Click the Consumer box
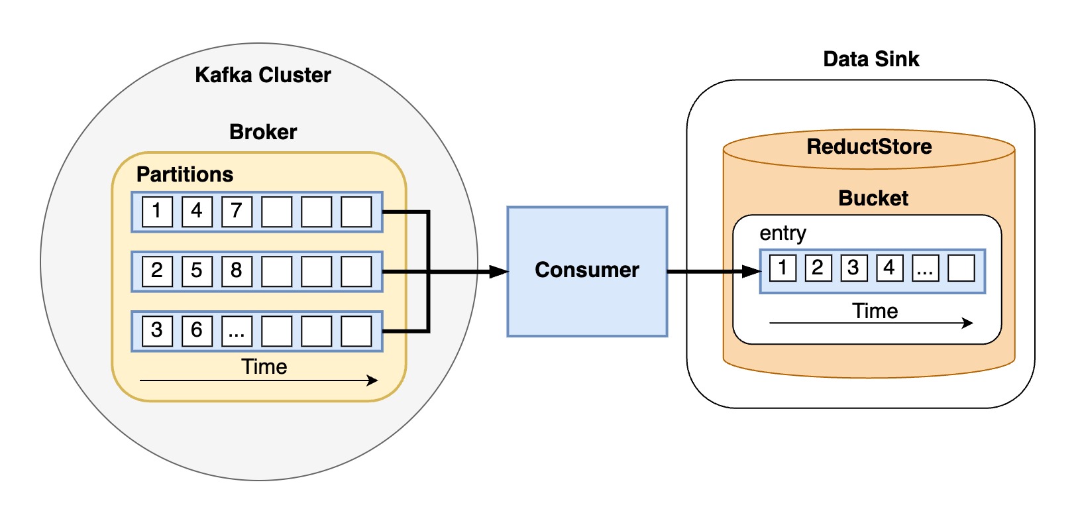(586, 271)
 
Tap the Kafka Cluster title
(262, 75)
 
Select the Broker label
(262, 132)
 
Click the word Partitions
(184, 174)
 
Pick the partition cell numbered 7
(237, 211)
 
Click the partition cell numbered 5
(197, 271)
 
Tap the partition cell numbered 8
(237, 271)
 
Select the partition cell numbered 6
(197, 331)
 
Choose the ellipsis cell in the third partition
(237, 331)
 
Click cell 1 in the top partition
(157, 211)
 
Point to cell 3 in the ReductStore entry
(853, 268)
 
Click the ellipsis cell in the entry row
(925, 268)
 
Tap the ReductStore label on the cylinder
(869, 146)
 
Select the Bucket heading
(873, 198)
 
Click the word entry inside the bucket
(782, 233)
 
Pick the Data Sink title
(871, 59)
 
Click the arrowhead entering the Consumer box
(498, 272)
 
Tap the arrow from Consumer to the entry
(709, 271)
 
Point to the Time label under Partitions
(264, 367)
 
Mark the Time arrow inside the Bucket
(871, 323)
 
